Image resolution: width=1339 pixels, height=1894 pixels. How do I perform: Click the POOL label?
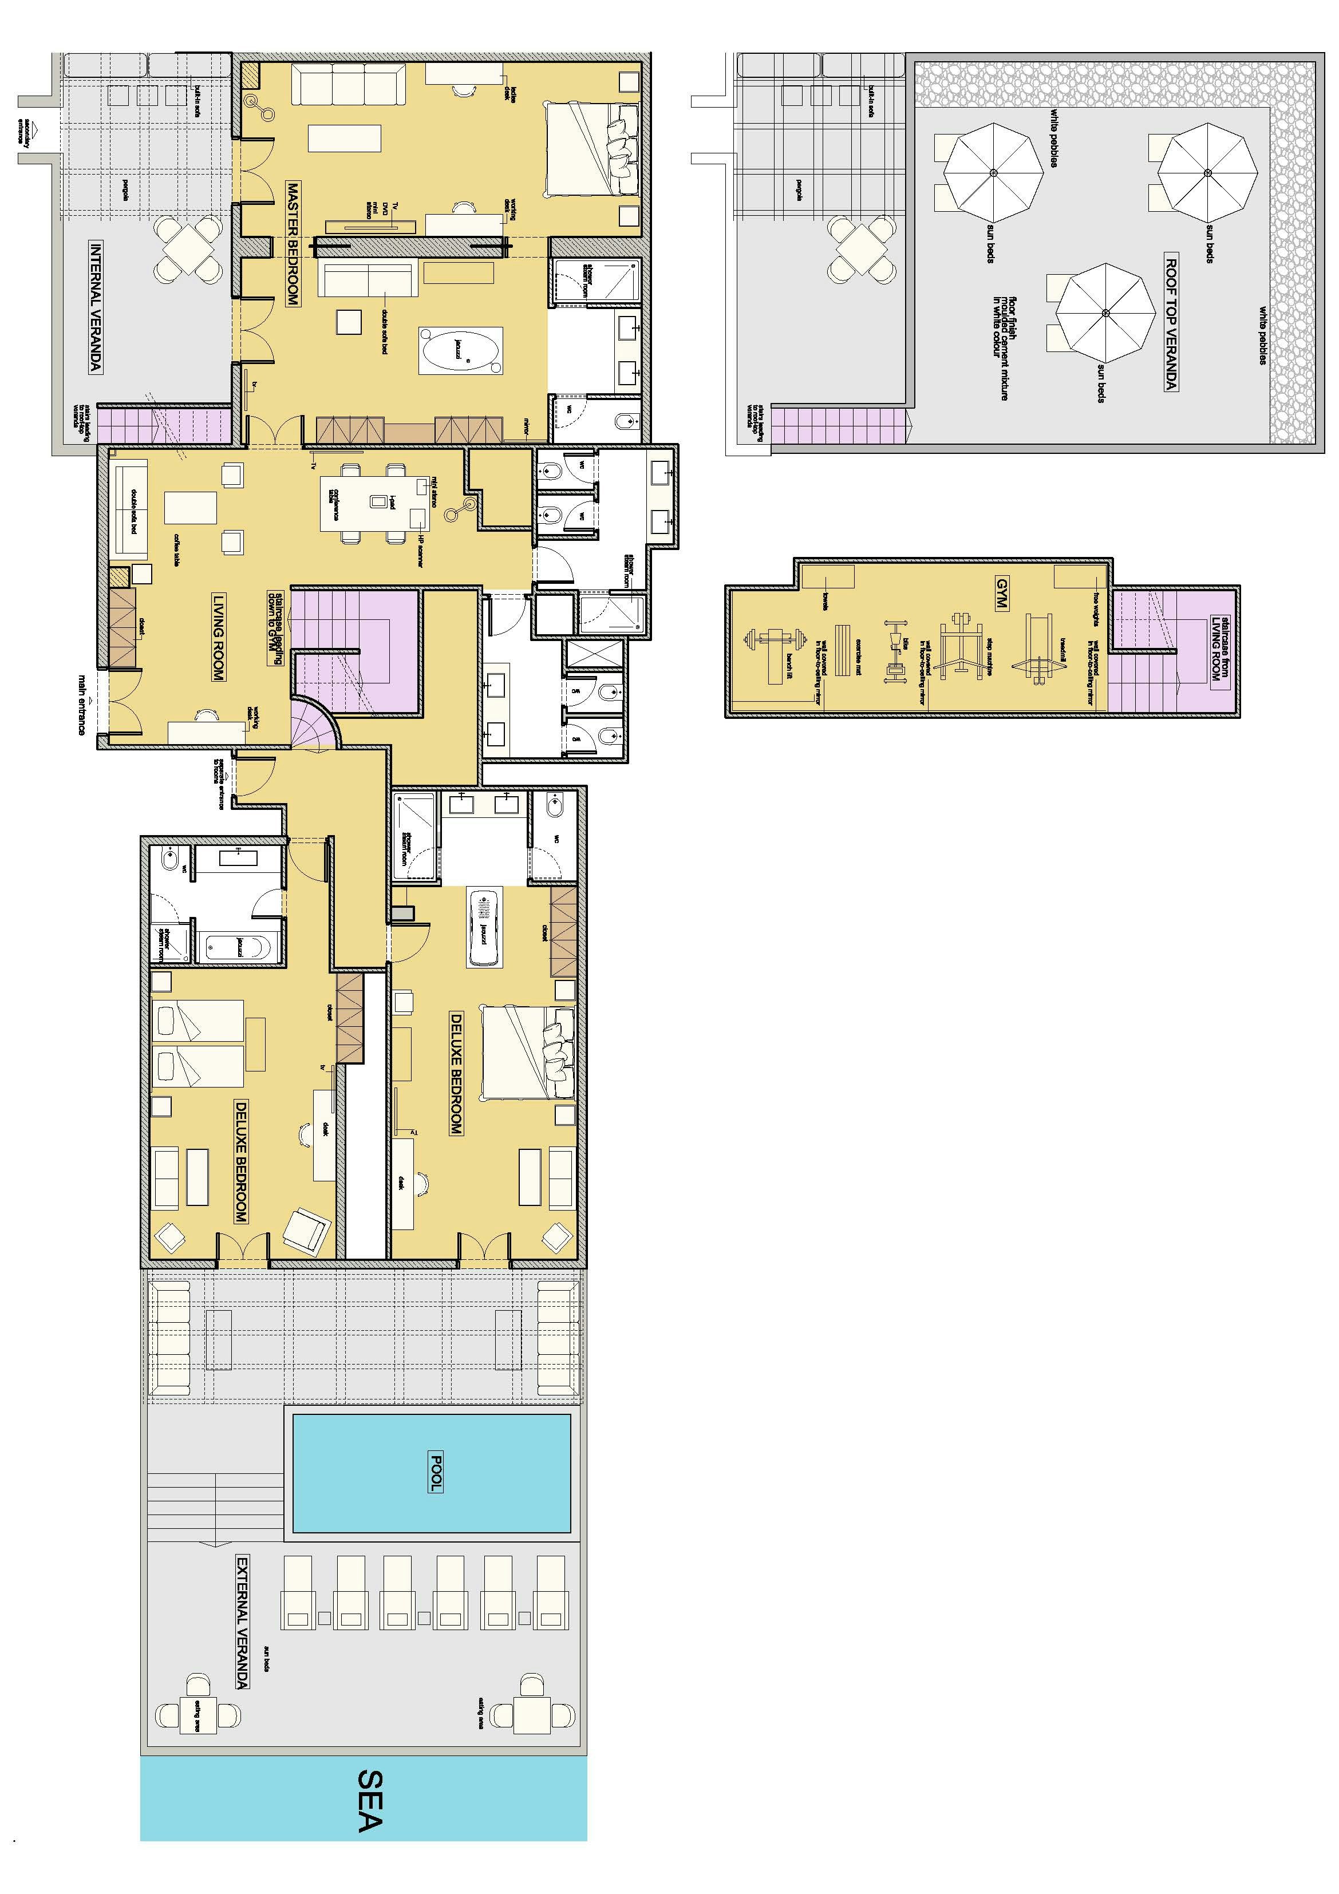[436, 1473]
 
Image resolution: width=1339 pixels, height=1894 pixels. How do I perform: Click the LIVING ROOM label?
[218, 637]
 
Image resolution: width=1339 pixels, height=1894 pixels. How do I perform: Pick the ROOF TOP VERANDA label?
[1170, 323]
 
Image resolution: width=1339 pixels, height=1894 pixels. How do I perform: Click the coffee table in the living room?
[191, 507]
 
